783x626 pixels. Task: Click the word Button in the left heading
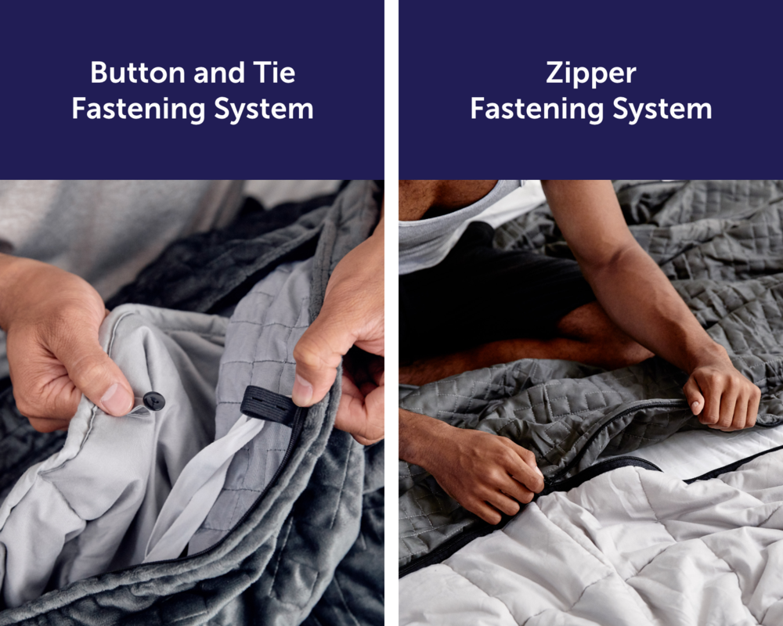coord(138,73)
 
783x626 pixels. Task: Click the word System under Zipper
coord(662,110)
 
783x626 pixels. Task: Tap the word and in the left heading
coord(219,74)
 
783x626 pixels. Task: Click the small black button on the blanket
coord(153,401)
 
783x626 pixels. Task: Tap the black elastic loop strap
coord(269,405)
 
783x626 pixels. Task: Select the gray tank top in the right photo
coord(449,229)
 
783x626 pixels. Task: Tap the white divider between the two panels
coord(391,313)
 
